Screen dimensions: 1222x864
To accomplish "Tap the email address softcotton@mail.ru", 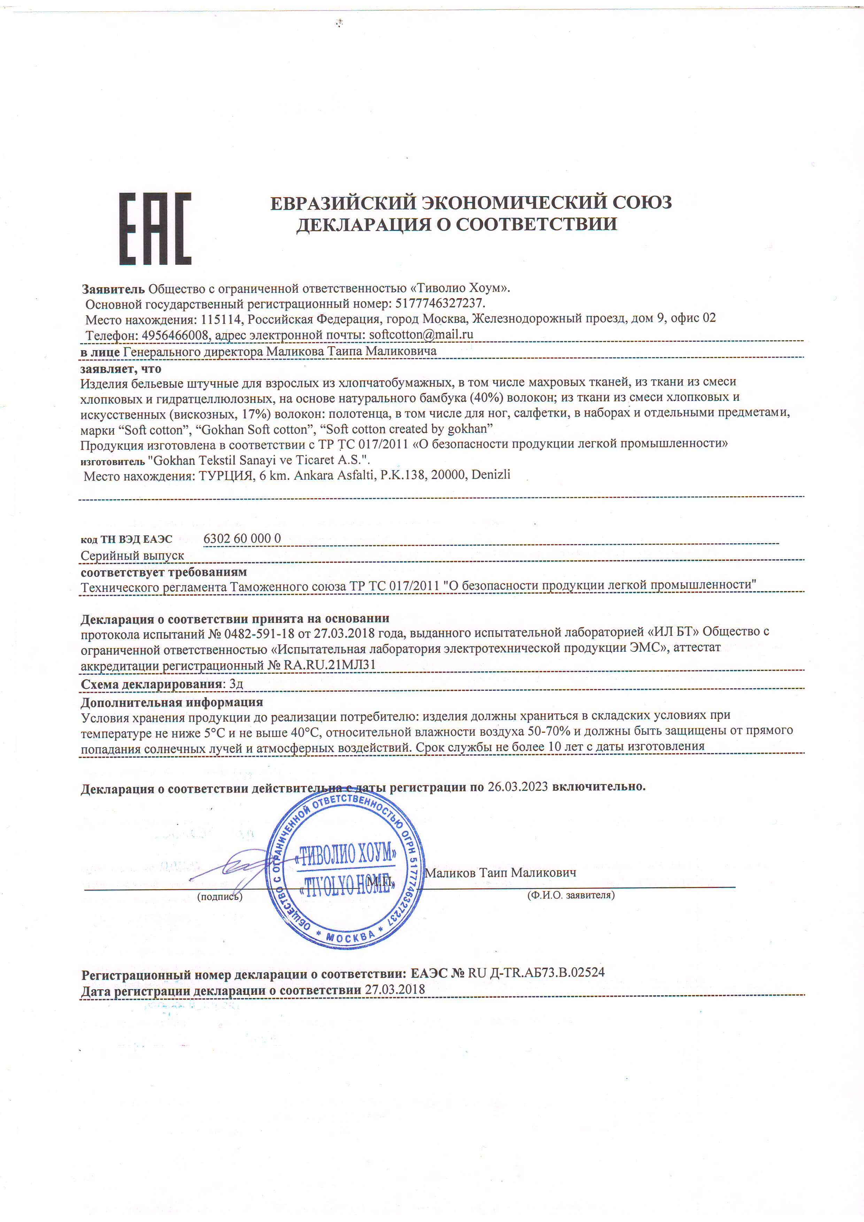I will click(421, 335).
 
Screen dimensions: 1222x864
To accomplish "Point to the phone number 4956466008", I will click(175, 335).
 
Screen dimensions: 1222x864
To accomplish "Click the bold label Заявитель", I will click(113, 289).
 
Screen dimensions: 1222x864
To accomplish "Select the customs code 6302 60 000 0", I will click(242, 539).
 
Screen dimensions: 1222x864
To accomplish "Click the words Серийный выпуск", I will click(132, 556).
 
